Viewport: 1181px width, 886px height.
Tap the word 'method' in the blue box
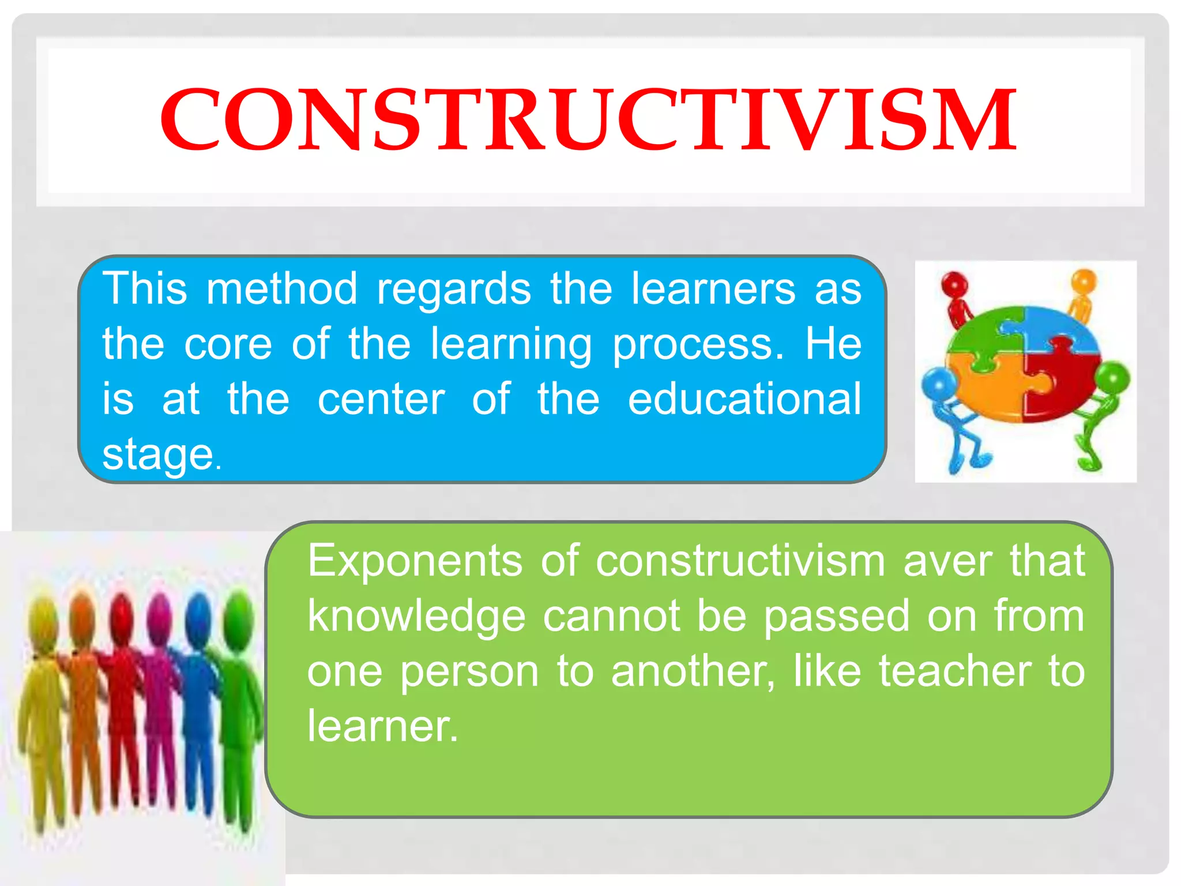pos(282,288)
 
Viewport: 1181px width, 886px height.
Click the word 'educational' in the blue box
pos(744,399)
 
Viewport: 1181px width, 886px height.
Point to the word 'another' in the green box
pos(692,671)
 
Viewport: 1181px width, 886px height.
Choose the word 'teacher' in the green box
pos(955,671)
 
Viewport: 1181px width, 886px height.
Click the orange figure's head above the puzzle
pos(1083,282)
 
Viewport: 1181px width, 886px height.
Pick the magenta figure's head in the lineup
pos(160,616)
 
